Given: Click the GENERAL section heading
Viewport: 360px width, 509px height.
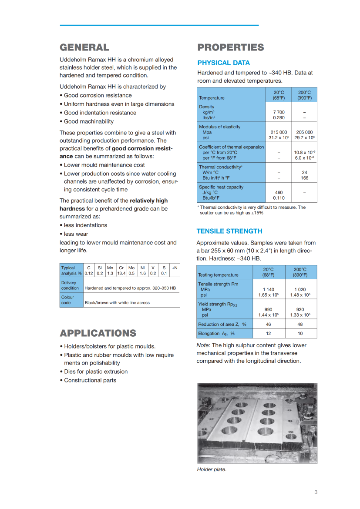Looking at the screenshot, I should [84, 47].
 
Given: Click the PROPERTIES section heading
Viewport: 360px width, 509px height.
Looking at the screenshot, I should [231, 47].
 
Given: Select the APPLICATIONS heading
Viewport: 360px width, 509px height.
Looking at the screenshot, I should [98, 333].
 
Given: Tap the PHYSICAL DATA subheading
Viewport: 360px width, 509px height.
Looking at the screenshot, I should [224, 63].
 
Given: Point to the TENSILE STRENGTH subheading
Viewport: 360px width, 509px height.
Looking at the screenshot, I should [229, 231].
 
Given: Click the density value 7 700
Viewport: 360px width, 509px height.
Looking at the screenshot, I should [279, 112].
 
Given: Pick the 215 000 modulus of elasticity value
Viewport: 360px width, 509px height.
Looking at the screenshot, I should [279, 132].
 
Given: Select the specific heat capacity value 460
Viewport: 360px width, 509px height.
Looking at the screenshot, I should [279, 192].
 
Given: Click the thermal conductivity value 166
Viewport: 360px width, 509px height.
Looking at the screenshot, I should [305, 177].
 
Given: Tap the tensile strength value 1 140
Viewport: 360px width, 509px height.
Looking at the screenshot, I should [269, 289].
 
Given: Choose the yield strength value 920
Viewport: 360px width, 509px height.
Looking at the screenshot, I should [300, 309].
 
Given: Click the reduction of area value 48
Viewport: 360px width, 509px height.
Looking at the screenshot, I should [300, 324].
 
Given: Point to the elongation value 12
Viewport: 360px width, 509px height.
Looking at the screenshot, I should [269, 333].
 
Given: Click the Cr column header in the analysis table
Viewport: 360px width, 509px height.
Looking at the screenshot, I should [121, 268].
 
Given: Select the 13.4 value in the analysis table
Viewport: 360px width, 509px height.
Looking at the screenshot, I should [121, 273].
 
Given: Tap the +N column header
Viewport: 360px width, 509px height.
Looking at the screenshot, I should [175, 268].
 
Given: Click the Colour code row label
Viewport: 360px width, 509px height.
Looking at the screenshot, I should [68, 300].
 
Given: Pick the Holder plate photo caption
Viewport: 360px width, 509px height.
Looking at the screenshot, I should [212, 469].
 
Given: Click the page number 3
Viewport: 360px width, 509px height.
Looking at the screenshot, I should [316, 492].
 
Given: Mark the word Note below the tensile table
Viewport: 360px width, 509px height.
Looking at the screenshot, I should [203, 345].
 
